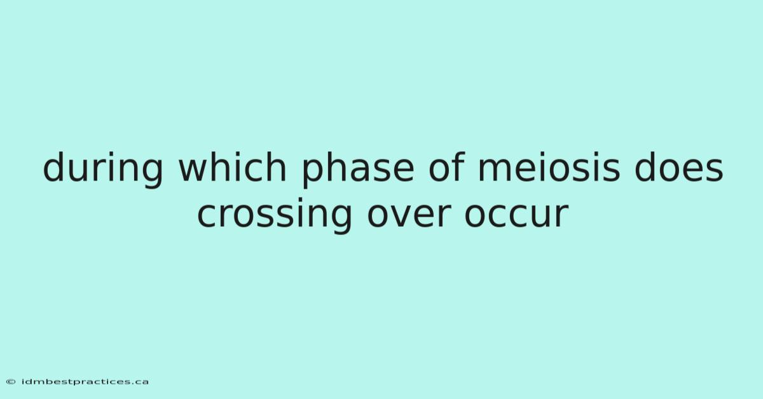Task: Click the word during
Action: click(103, 169)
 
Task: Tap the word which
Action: click(233, 166)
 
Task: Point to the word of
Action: click(446, 166)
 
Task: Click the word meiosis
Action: click(549, 166)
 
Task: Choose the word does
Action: click(678, 166)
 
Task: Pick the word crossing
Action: click(275, 215)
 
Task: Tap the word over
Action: click(409, 216)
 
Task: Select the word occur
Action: click(517, 216)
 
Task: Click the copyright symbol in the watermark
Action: click(11, 382)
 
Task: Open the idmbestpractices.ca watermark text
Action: click(85, 382)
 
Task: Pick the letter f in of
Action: click(458, 166)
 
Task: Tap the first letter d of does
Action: click(645, 166)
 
